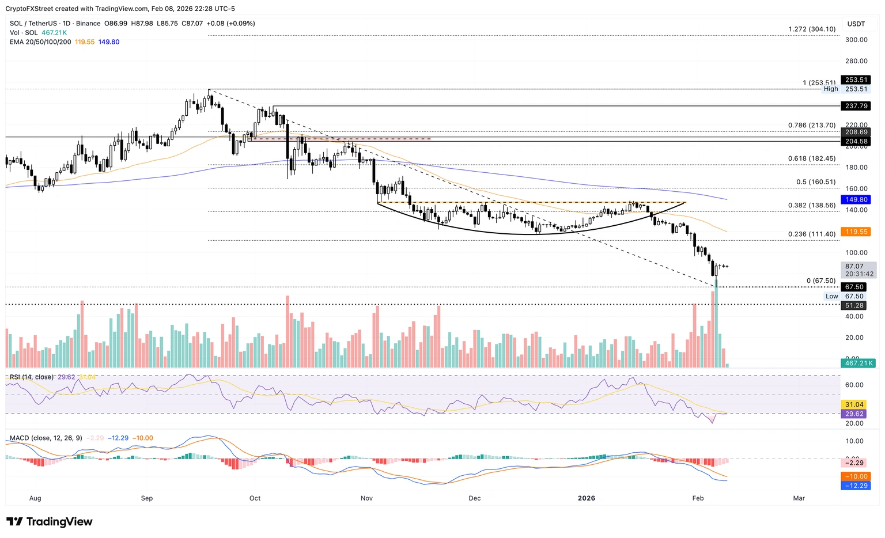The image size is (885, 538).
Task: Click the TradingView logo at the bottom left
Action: click(x=49, y=522)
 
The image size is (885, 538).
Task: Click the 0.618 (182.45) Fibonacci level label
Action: click(x=811, y=159)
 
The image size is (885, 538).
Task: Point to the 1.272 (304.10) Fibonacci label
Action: click(x=812, y=29)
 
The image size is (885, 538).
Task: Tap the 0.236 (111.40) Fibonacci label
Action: click(x=811, y=234)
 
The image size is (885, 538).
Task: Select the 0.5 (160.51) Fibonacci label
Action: click(x=815, y=182)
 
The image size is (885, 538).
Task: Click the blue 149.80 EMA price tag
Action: click(x=856, y=200)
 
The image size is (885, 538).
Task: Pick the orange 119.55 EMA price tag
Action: click(x=856, y=232)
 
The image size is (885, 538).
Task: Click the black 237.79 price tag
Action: click(x=856, y=106)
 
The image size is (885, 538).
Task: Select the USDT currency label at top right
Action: click(x=856, y=24)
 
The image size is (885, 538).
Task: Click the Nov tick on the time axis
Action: click(x=366, y=498)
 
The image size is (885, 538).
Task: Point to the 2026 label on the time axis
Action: click(x=586, y=498)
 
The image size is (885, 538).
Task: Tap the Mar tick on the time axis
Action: click(x=799, y=498)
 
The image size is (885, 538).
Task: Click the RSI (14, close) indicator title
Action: click(x=32, y=377)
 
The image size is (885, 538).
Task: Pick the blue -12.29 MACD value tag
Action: click(x=856, y=486)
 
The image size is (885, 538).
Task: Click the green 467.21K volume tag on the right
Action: click(x=858, y=363)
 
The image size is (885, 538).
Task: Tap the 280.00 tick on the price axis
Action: click(x=856, y=61)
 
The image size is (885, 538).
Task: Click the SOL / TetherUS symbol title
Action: click(x=35, y=24)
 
